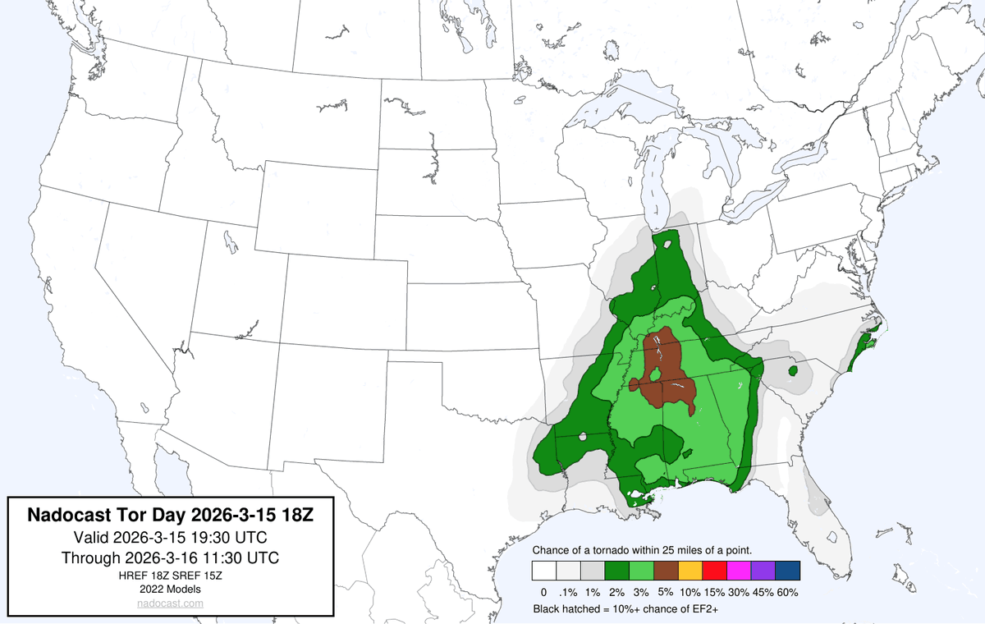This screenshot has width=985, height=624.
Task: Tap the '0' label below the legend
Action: [543, 592]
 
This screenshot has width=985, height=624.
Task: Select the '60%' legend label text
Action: [787, 592]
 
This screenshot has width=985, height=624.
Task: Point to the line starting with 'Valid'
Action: [170, 538]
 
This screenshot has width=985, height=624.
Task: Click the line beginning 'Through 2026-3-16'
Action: [170, 558]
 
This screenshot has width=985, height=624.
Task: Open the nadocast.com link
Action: [170, 603]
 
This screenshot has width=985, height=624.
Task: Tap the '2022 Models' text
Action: [170, 589]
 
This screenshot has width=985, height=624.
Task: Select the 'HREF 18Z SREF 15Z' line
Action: [170, 576]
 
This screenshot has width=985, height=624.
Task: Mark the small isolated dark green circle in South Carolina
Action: [793, 371]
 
